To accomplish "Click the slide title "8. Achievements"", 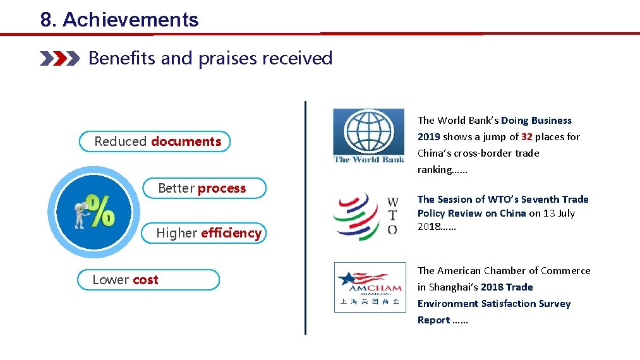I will pyautogui.click(x=119, y=20).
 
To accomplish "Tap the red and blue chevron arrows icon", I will pyautogui.click(x=59, y=59).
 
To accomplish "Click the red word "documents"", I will pyautogui.click(x=186, y=141).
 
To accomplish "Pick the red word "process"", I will pyautogui.click(x=222, y=188).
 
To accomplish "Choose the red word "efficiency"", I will pyautogui.click(x=231, y=233).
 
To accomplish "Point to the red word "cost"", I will pyautogui.click(x=145, y=280).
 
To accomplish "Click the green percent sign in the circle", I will pyautogui.click(x=100, y=210).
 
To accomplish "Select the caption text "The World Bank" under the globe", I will pyautogui.click(x=369, y=160).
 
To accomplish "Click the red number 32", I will pyautogui.click(x=527, y=137).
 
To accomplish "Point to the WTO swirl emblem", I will pyautogui.click(x=356, y=217).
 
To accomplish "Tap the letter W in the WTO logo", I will pyautogui.click(x=392, y=202).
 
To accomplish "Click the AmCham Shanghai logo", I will pyautogui.click(x=370, y=287).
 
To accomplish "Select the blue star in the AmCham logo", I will pyautogui.click(x=346, y=278).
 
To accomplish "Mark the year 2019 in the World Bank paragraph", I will pyautogui.click(x=428, y=137).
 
